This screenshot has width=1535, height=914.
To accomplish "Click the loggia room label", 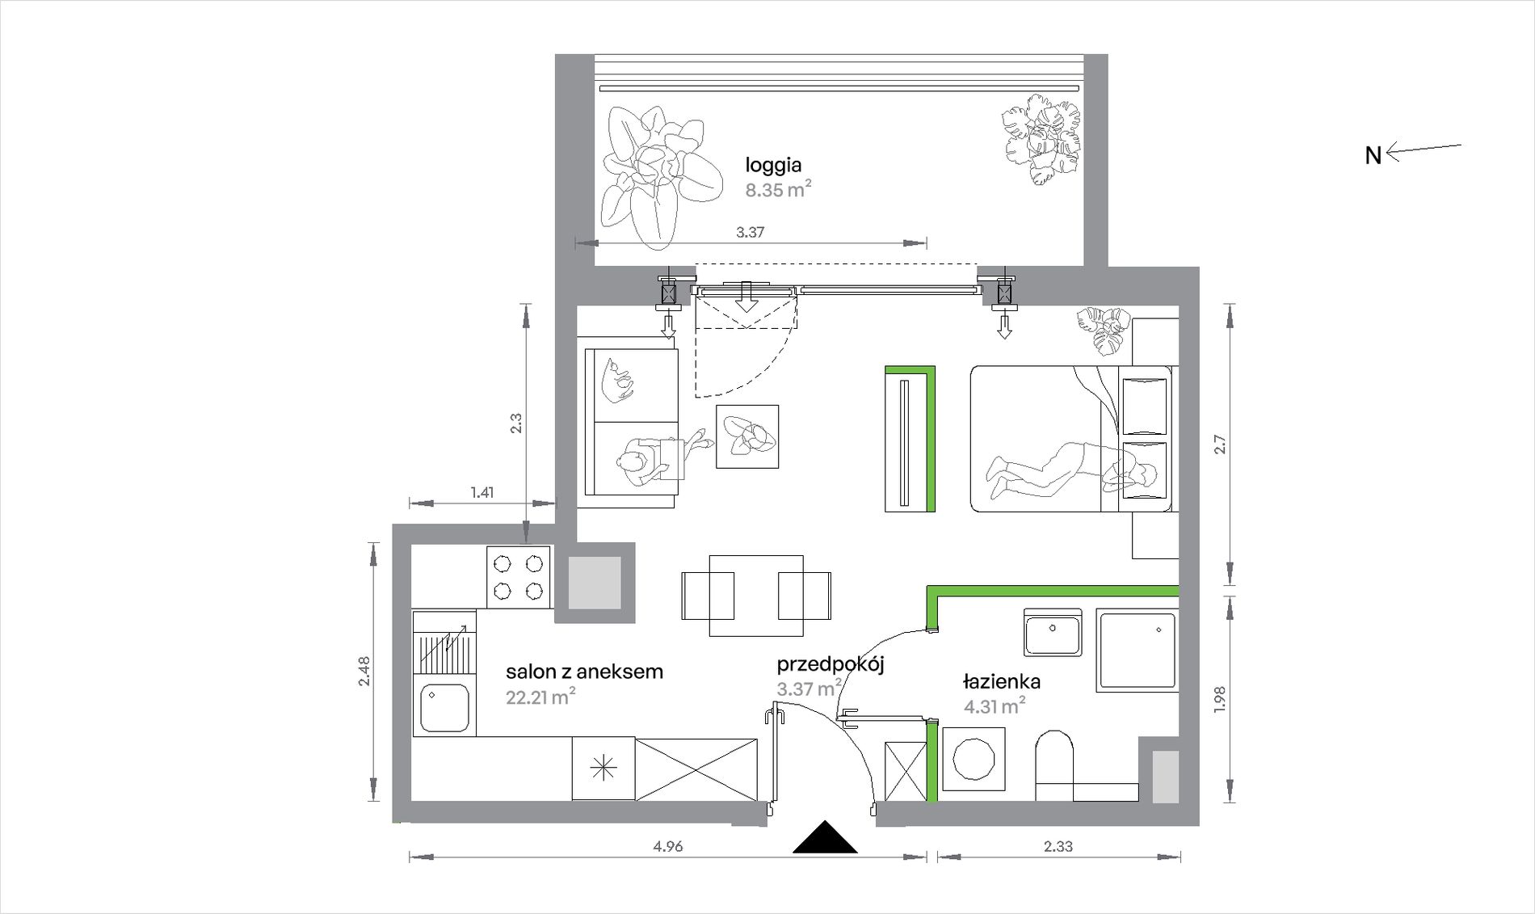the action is (773, 166).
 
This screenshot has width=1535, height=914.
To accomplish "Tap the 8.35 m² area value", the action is (778, 190).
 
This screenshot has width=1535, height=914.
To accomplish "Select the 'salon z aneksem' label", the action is (584, 672).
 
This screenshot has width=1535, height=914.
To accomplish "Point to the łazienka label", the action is (1002, 681).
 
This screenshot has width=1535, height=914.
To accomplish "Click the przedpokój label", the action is (831, 665).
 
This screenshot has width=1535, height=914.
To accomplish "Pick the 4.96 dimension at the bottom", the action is (668, 846).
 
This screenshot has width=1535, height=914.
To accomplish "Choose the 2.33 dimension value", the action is (1058, 846).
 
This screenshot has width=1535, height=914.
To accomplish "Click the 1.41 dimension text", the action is (482, 492).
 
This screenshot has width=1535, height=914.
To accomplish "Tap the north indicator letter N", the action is (1373, 155).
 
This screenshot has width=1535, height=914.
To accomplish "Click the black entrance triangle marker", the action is (824, 838).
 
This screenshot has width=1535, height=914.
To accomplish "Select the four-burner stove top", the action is (519, 577).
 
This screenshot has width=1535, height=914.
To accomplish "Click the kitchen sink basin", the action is (444, 708).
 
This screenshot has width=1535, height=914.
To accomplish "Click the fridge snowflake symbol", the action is (603, 769).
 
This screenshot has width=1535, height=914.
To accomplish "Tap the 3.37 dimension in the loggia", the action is (751, 232).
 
